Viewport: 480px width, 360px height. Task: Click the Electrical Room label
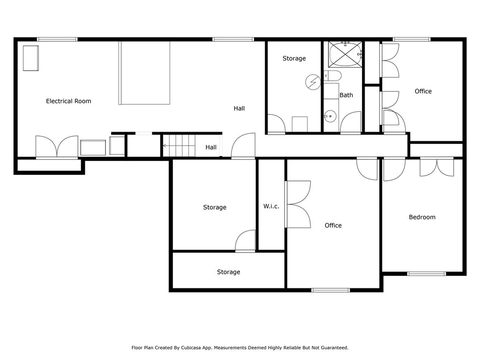point(68,101)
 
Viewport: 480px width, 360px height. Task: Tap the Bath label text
point(346,95)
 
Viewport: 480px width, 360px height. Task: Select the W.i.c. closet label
point(271,206)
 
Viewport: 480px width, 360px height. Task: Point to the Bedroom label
point(422,217)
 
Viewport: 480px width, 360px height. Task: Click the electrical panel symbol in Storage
point(313,82)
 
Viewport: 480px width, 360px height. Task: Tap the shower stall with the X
point(345,54)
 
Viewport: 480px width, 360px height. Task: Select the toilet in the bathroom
point(332,75)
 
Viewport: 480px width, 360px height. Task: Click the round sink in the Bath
point(330,116)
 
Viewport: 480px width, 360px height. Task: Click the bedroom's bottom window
point(427,274)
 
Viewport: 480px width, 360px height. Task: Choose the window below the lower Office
point(330,290)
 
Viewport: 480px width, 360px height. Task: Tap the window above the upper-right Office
point(412,39)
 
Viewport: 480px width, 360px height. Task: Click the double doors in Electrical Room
point(57,147)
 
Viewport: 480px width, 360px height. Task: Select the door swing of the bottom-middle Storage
point(245,241)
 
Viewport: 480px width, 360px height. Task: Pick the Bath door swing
point(351,122)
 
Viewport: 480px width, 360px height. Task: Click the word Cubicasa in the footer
point(191,348)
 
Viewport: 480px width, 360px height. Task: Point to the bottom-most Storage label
point(228,272)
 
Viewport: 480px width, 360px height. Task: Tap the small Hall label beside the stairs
point(211,147)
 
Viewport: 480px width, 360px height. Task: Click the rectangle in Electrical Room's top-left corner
point(31,58)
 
